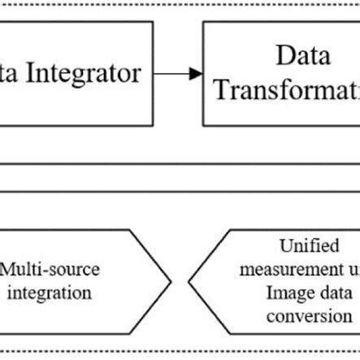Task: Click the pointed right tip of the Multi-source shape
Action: [x=170, y=281]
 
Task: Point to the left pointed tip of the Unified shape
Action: [x=189, y=281]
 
